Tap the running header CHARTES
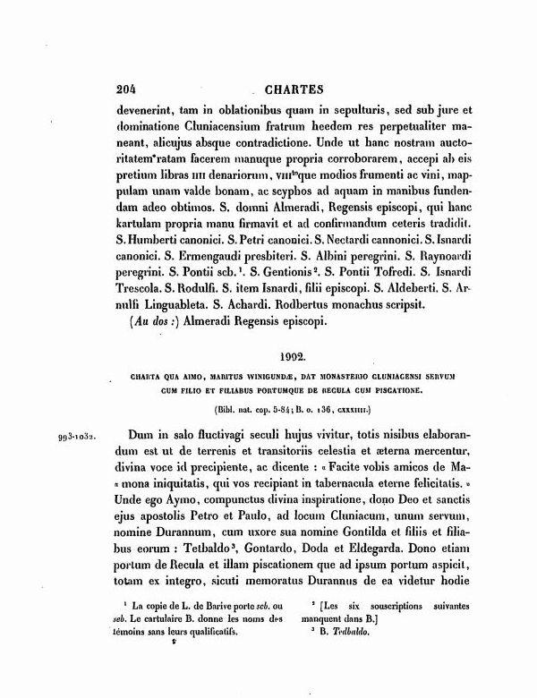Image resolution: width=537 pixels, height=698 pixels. [x=294, y=89]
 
